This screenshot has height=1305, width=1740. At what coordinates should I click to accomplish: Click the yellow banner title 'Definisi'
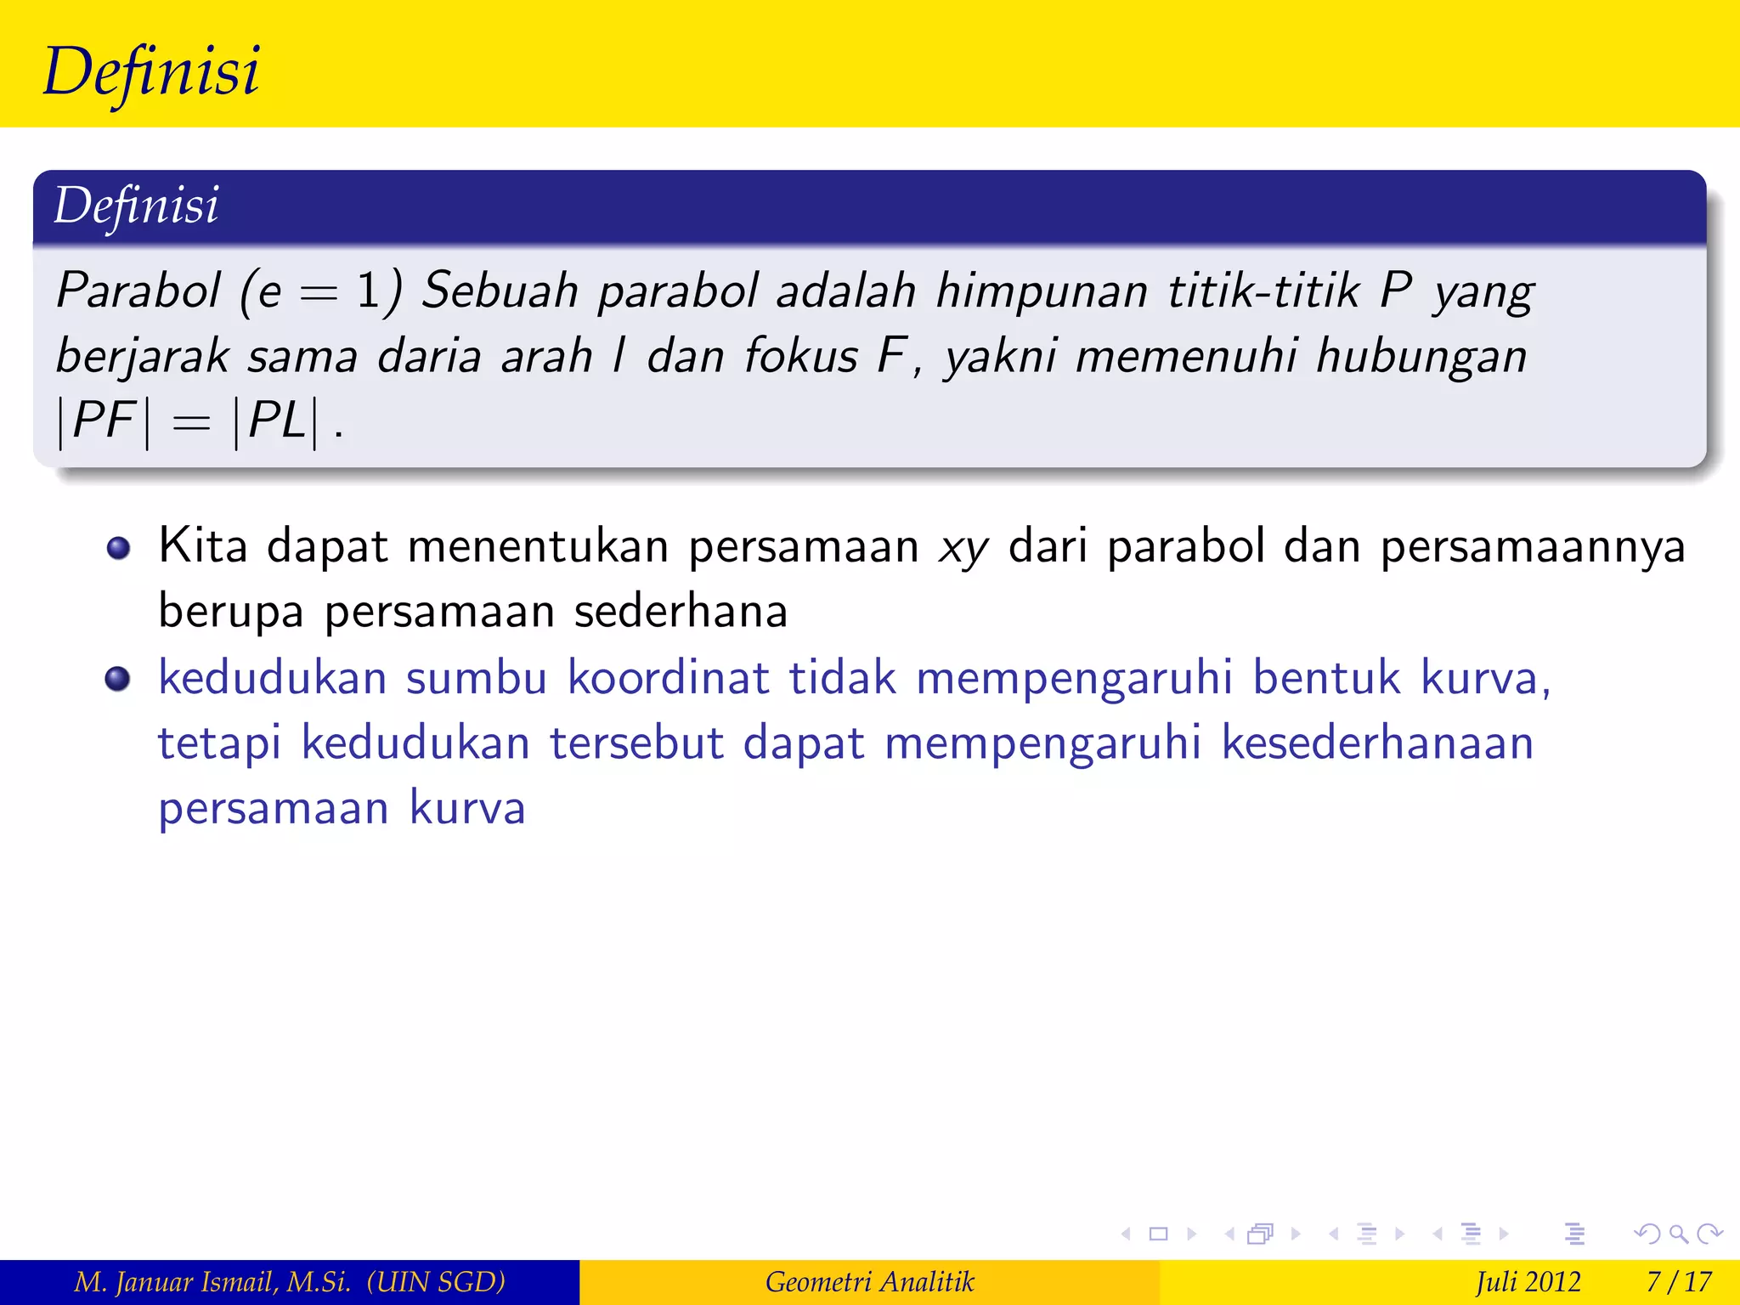point(151,71)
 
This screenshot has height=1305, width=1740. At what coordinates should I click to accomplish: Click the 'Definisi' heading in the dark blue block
point(136,206)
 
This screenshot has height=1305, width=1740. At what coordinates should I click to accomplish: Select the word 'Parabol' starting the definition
point(138,291)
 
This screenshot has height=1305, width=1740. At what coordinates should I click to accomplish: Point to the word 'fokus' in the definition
point(801,355)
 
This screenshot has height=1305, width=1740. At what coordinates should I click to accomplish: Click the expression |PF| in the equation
point(104,421)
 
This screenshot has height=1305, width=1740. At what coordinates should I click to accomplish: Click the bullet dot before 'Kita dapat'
point(118,548)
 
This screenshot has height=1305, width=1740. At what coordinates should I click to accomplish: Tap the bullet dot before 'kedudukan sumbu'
point(118,680)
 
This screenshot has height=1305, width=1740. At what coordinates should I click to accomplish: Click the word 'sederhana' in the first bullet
point(681,612)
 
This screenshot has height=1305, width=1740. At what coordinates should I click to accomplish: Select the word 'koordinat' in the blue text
point(669,678)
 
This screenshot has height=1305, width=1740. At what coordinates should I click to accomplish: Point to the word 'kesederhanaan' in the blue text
point(1377,743)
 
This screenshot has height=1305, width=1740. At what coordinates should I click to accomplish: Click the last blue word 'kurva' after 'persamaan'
point(467,808)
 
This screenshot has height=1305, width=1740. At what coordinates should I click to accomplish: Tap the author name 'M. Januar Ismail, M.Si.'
point(212,1281)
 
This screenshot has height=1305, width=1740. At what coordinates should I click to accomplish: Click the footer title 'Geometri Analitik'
point(869,1281)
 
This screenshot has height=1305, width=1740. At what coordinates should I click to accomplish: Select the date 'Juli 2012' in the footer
point(1528,1281)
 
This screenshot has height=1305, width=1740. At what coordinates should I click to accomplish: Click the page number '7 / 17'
point(1678,1281)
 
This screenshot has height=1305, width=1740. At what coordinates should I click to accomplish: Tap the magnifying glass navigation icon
point(1678,1234)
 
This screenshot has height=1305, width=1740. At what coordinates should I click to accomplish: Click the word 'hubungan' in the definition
point(1421,357)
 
